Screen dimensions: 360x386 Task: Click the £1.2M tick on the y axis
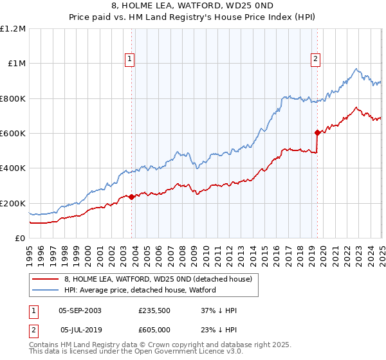12,29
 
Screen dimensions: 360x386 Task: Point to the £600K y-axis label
12,134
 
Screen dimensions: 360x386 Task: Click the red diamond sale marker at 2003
131,197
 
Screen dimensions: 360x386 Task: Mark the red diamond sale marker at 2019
317,133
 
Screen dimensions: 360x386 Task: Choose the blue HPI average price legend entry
140,290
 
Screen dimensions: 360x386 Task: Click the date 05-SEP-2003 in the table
80,310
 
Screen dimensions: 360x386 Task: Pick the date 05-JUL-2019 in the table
80,330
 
